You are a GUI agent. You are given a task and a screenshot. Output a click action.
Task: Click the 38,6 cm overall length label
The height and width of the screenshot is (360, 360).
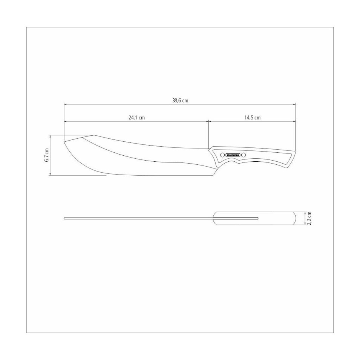(180, 101)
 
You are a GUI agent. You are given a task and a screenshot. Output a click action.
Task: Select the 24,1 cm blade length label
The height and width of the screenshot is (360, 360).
(136, 118)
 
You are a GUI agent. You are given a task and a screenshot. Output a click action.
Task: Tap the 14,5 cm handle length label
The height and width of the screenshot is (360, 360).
(252, 118)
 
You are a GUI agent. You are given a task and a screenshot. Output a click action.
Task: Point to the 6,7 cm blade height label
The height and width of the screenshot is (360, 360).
(47, 155)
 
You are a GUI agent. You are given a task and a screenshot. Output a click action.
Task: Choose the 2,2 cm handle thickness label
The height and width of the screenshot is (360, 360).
(309, 218)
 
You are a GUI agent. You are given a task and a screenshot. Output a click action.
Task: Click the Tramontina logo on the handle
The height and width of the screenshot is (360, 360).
(233, 155)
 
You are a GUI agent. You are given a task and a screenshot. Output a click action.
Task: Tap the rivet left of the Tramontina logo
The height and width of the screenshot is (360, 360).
(222, 155)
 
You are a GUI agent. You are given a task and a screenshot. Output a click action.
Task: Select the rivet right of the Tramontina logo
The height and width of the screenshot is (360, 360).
(244, 155)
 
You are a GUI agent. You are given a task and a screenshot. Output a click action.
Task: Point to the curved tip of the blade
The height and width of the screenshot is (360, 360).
(64, 142)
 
